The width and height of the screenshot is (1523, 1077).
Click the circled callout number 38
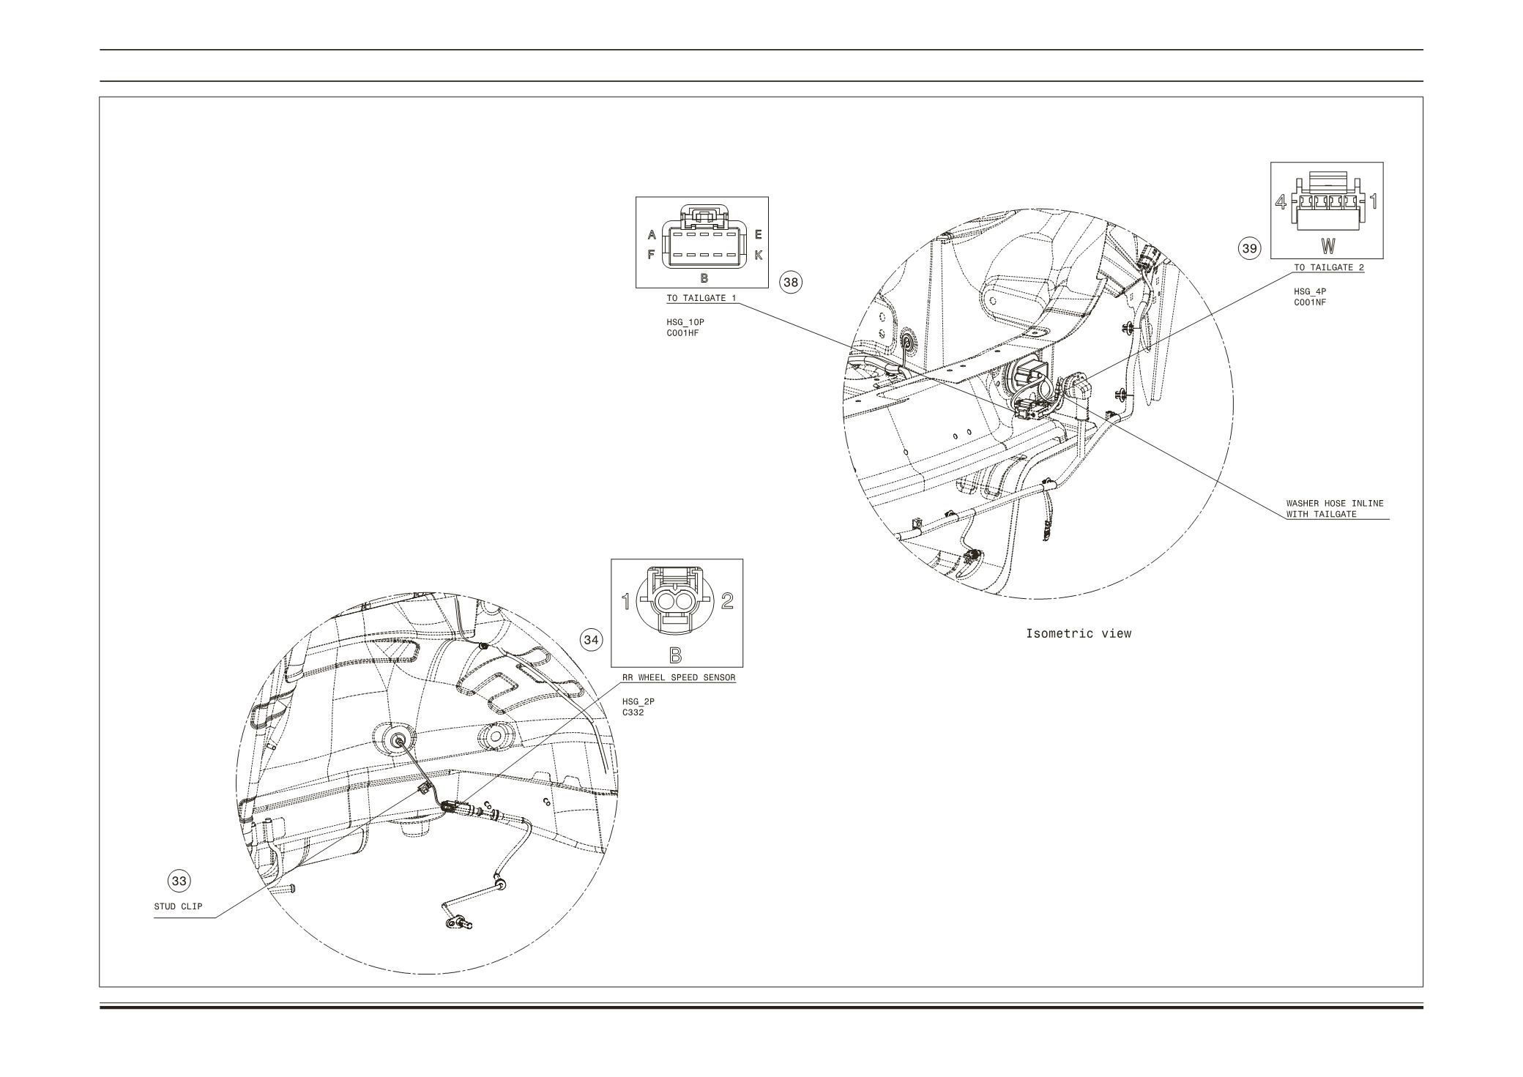(x=790, y=282)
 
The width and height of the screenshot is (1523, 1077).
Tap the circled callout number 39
(x=1249, y=249)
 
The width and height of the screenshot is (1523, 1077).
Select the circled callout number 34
(x=591, y=640)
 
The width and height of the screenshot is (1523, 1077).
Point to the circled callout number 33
(x=179, y=881)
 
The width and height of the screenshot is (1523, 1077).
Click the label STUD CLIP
(x=178, y=906)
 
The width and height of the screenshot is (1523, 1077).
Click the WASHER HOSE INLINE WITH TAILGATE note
(x=1335, y=509)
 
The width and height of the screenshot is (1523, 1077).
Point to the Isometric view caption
(x=1079, y=633)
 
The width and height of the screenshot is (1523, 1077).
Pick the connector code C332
(x=633, y=712)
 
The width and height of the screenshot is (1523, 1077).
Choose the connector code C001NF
(x=1310, y=302)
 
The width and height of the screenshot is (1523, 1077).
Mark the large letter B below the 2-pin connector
(x=676, y=655)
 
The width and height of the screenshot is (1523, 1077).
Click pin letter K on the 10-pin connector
(x=759, y=256)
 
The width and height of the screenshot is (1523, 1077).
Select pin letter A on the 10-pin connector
(x=652, y=235)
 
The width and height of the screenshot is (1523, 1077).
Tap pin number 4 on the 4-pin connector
(x=1281, y=201)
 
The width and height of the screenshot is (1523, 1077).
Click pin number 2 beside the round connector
(x=727, y=601)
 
